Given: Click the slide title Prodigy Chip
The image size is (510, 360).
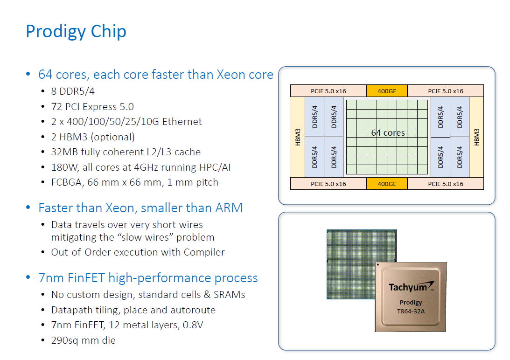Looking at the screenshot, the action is coord(76,32).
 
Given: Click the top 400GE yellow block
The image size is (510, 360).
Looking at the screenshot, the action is coord(387,91).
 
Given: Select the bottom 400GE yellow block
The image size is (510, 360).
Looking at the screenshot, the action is coord(387,184).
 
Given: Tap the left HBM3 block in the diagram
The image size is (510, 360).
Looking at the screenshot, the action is coord(298,137).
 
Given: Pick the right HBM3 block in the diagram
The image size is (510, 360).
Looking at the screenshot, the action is coord(476,137).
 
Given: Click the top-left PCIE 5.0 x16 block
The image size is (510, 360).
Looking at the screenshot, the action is coord(328,91).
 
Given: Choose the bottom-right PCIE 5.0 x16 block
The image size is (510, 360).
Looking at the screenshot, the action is coord(446,184).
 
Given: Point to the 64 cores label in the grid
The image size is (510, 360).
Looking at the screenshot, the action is coord(388,133).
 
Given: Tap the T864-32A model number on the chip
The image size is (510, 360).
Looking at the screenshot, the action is coord(411,311).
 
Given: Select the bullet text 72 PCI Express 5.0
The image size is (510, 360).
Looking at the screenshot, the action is coord(92,107).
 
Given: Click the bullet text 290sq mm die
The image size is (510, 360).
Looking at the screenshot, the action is coord(83,340).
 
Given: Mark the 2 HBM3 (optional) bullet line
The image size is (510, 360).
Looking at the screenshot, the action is coord(93,137).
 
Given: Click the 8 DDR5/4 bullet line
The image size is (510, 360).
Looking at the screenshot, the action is coord(73,91).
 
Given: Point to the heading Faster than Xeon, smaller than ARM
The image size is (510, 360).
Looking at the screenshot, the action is coord(140,208).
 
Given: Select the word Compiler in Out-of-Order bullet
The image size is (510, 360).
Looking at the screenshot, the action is coord(204,252).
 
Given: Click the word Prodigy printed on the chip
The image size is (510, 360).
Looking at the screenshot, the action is coord(411,303).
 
